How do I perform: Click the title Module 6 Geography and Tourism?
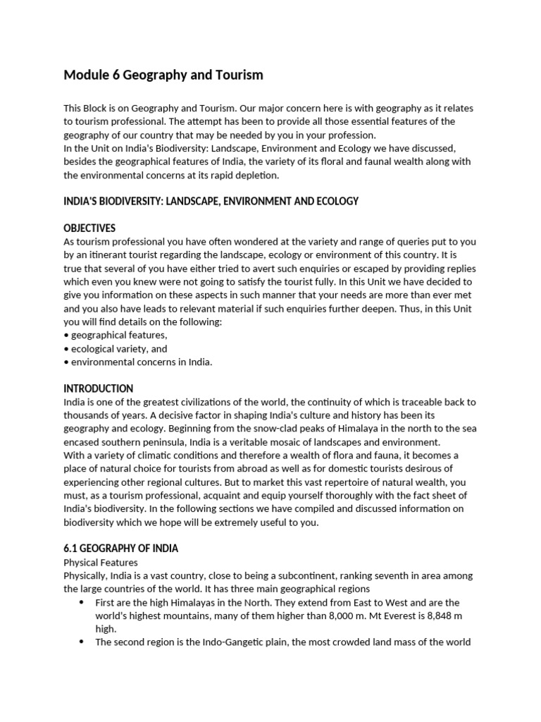[x=163, y=74]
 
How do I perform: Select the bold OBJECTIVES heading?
[x=89, y=228]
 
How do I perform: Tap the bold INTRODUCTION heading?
[x=98, y=388]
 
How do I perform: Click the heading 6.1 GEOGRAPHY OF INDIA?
[x=120, y=549]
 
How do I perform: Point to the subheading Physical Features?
[x=101, y=563]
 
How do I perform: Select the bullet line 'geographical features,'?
[x=116, y=335]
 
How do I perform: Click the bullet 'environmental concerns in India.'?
[x=137, y=362]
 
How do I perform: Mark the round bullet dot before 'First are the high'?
[x=81, y=602]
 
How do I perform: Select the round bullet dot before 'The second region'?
[x=81, y=642]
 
